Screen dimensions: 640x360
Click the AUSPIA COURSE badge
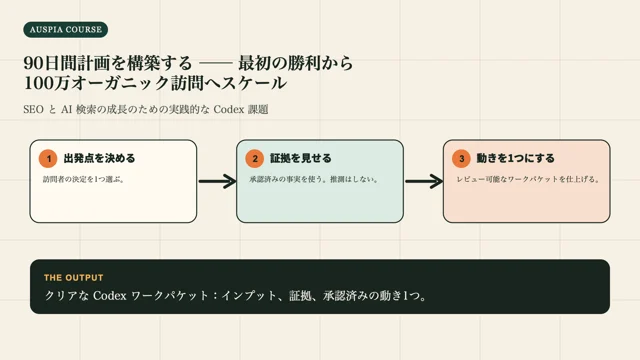pos(66,30)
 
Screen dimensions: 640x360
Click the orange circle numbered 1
pos(48,159)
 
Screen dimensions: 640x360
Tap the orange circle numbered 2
pos(255,159)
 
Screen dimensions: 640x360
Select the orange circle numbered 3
pos(462,159)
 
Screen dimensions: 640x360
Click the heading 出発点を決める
pos(99,158)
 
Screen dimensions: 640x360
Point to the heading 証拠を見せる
pos(301,158)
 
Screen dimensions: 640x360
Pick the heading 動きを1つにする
pos(516,158)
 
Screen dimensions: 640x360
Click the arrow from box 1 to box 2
pos(218,181)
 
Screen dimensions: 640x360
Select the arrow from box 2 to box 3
pos(424,181)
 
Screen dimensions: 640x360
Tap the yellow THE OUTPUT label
pos(74,278)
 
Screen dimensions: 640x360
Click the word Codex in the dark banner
pos(110,296)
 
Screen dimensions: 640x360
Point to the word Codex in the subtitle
pos(229,109)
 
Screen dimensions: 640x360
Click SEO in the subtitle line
pos(33,109)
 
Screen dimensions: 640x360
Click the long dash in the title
pos(215,64)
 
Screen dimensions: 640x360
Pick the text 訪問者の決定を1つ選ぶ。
pos(84,179)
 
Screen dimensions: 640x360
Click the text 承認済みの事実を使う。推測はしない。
pos(314,179)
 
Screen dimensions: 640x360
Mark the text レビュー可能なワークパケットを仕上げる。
pos(528,179)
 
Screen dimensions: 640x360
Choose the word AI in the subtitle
pos(67,109)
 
